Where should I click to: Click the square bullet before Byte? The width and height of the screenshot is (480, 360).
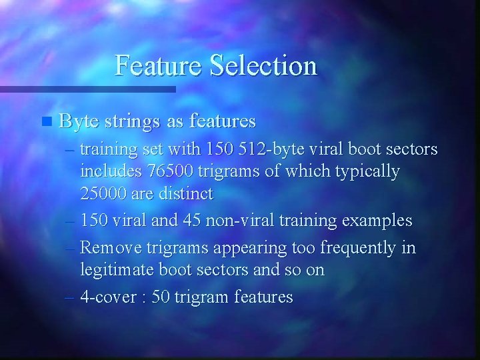pyautogui.click(x=45, y=122)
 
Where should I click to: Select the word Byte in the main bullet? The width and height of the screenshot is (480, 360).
pyautogui.click(x=79, y=121)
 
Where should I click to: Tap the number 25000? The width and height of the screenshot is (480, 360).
pyautogui.click(x=101, y=194)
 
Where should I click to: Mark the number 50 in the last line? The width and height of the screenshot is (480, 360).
pyautogui.click(x=161, y=297)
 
